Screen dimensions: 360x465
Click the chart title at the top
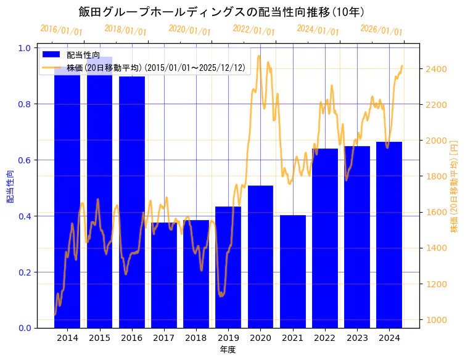[221, 12]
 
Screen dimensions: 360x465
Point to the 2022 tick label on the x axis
[324, 338]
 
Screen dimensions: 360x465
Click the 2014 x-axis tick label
[67, 338]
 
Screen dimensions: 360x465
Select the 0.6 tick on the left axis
[25, 160]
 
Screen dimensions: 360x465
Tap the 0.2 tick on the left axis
[25, 272]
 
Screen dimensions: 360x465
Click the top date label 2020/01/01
[189, 30]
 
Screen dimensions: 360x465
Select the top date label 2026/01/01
[381, 30]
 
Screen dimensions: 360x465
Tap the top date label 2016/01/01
[61, 30]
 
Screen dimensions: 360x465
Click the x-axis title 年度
[228, 350]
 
